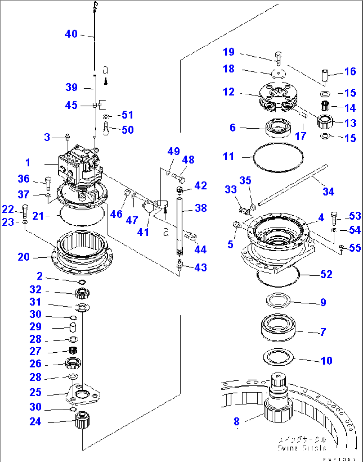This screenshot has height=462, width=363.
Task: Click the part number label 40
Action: coord(71,34)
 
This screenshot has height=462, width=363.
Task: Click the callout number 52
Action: coord(326,274)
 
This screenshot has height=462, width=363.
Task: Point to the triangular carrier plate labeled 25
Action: coord(83,394)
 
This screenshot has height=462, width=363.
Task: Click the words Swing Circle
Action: coord(302,448)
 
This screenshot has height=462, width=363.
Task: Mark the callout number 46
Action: coord(116,214)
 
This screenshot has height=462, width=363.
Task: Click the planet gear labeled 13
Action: coord(325,122)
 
